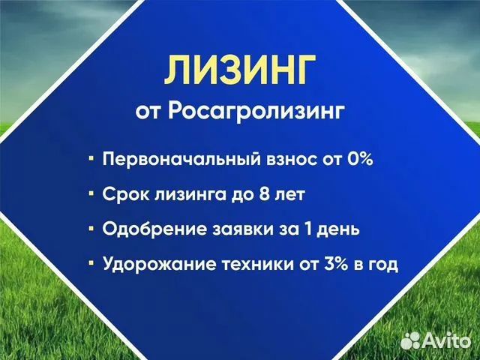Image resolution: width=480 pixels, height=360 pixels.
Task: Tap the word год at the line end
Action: [382, 265]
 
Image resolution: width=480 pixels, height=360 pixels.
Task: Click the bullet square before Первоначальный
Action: [91, 160]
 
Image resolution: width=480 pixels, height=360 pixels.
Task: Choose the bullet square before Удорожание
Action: [91, 264]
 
